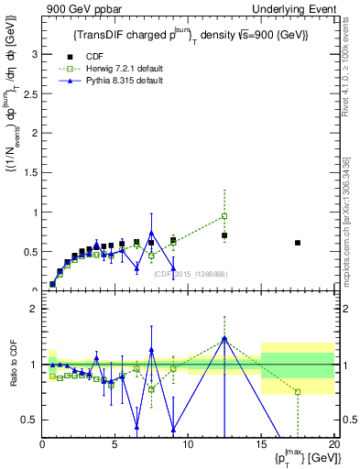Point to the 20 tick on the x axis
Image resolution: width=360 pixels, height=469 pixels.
pos(333,443)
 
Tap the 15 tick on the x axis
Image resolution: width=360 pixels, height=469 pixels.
pos(261,443)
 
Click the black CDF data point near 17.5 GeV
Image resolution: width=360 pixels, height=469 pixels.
pos(298,243)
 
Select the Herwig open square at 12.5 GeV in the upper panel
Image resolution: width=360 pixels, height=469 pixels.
pos(224,216)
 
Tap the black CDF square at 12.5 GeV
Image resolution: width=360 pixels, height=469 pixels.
pos(224,235)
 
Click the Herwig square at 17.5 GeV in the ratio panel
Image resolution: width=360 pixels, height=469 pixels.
pos(298,392)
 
